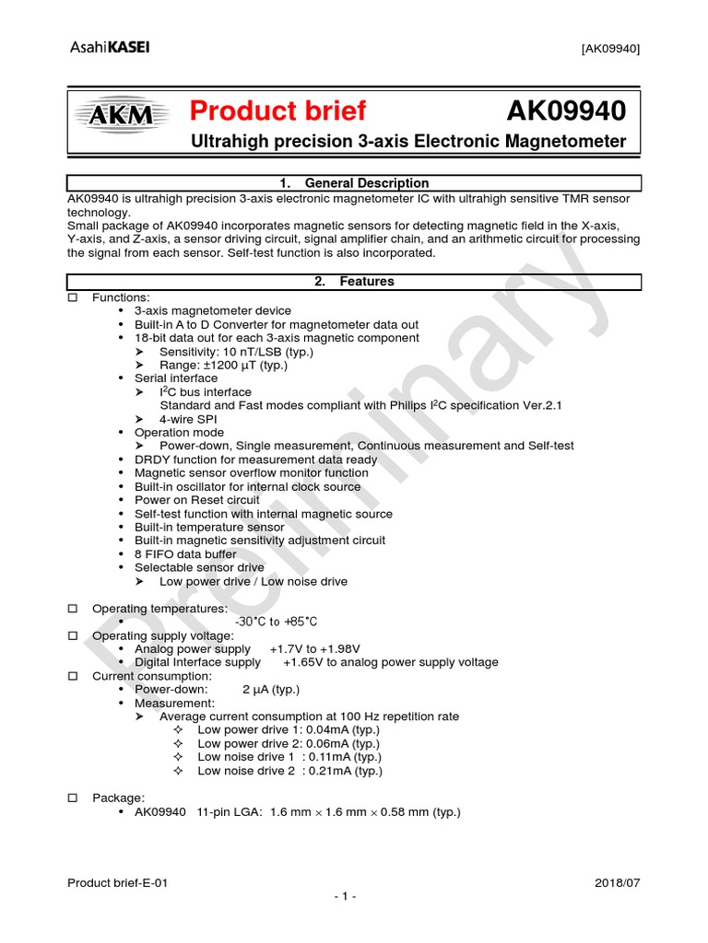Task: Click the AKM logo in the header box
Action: coord(123,115)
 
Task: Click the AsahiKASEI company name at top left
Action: coord(109,48)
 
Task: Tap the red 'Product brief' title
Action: coord(277,111)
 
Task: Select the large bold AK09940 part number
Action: coord(566,111)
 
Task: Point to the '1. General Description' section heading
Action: coord(354,183)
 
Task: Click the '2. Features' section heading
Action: coord(354,282)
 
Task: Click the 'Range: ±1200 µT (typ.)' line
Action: coord(223,365)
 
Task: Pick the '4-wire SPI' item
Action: coord(188,419)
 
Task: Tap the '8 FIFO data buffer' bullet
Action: coord(185,554)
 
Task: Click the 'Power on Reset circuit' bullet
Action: coord(197,500)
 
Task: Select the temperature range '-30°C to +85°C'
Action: coord(277,623)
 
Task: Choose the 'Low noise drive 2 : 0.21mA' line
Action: coord(289,771)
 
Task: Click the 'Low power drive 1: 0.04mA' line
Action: coord(289,730)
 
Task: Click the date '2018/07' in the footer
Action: coord(618,882)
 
